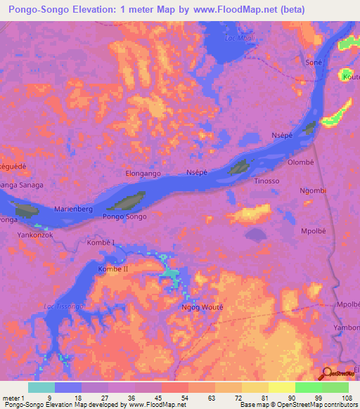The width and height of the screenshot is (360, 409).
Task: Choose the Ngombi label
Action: click(313, 191)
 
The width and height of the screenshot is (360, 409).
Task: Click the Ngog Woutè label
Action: click(202, 307)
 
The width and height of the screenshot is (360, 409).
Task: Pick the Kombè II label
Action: click(113, 269)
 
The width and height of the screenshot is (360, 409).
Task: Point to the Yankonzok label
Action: click(35, 235)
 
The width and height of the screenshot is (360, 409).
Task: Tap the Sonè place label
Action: click(314, 62)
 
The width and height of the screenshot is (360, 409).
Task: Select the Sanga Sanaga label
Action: click(21, 185)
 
